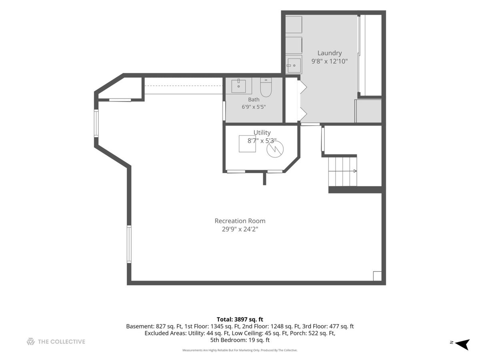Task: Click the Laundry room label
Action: point(329,53)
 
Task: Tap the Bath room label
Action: point(254,100)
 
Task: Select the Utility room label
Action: point(262,133)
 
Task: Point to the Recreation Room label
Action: point(240,221)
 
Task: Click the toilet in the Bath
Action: point(266,87)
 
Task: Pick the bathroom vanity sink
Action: point(238,86)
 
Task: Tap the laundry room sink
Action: point(294,65)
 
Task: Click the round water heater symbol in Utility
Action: point(275,149)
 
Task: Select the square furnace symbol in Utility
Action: point(247,144)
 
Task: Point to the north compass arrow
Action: point(463,345)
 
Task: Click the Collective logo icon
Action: point(31,342)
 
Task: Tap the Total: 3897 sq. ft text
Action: point(240,319)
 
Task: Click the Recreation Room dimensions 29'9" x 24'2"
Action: point(240,229)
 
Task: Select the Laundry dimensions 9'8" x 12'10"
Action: point(329,61)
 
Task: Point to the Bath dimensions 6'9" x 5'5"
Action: point(254,107)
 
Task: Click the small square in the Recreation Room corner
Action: point(377,276)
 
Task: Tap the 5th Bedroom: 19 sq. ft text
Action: point(240,340)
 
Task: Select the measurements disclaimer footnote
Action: point(240,350)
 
